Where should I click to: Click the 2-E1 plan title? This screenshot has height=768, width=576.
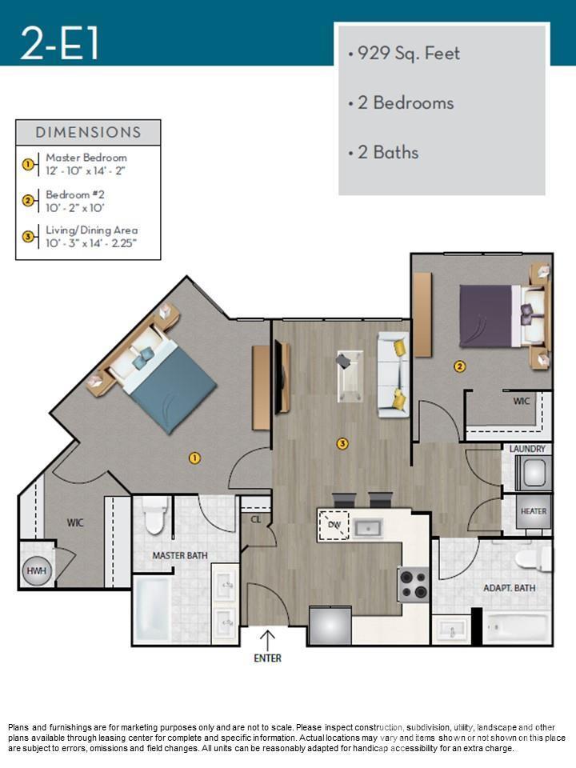[61, 43]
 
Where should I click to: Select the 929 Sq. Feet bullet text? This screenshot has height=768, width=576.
[405, 54]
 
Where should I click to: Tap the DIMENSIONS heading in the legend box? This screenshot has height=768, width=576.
[88, 133]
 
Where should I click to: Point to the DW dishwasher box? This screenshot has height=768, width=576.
[334, 527]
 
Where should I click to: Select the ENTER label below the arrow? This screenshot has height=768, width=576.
[268, 658]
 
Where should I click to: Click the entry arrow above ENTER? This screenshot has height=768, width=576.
[268, 638]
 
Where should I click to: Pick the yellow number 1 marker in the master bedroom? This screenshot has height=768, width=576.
[194, 458]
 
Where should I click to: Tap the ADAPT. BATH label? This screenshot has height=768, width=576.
[510, 588]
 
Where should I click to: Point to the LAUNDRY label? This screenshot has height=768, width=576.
[527, 450]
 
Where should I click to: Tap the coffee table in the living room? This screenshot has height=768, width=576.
[349, 373]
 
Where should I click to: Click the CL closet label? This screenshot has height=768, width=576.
[256, 518]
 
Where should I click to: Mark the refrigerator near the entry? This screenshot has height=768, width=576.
[330, 625]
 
